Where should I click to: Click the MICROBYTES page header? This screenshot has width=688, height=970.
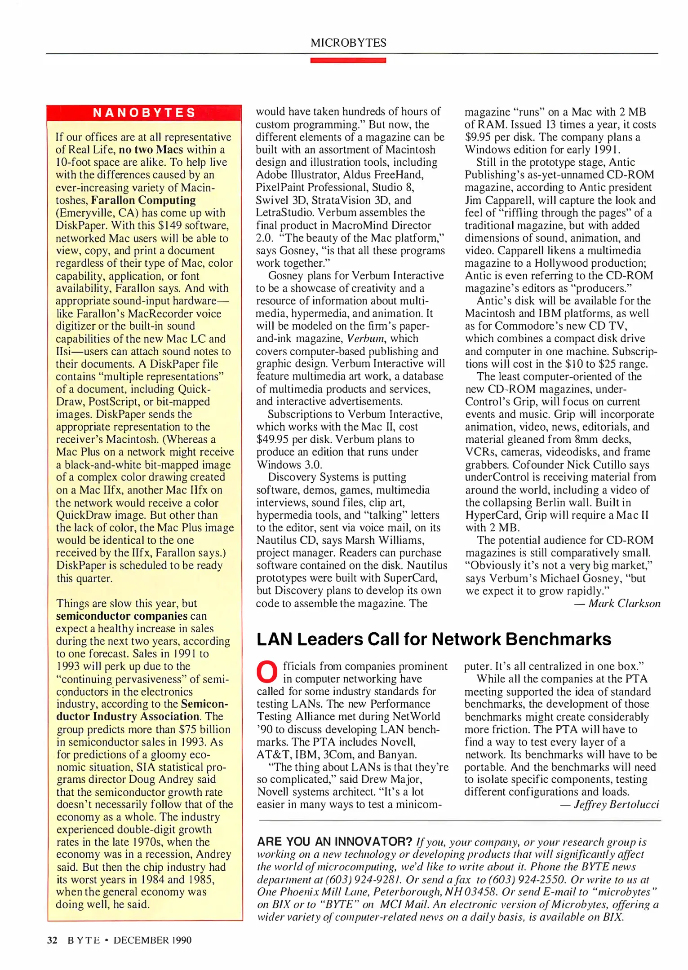coord(348,43)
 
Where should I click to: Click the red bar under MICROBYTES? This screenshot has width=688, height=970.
coord(348,60)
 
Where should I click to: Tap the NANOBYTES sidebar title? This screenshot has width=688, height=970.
coord(144,112)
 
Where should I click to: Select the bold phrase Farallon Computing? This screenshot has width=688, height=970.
coord(143,200)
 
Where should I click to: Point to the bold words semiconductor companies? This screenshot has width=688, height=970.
coord(121,616)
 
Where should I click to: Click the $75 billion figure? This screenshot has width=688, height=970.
coord(204,730)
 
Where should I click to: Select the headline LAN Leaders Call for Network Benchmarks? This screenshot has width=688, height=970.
coord(434,639)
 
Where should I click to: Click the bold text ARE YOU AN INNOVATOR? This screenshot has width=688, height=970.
coord(334,842)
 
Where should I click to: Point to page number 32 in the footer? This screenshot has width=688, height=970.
coord(52,940)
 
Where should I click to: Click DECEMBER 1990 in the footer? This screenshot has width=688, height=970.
coord(152,940)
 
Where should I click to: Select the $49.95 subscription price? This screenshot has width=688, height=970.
coord(272,440)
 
